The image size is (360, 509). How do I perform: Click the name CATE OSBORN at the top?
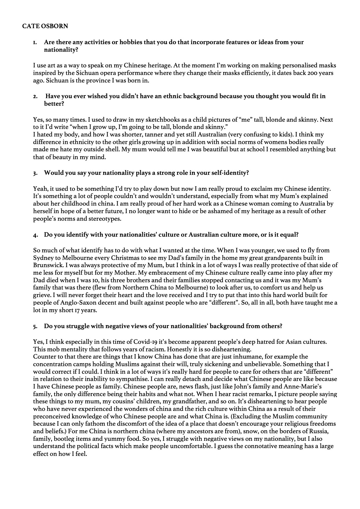(x=45, y=26)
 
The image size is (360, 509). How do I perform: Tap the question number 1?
(x=35, y=42)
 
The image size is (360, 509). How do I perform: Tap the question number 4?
(x=35, y=235)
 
